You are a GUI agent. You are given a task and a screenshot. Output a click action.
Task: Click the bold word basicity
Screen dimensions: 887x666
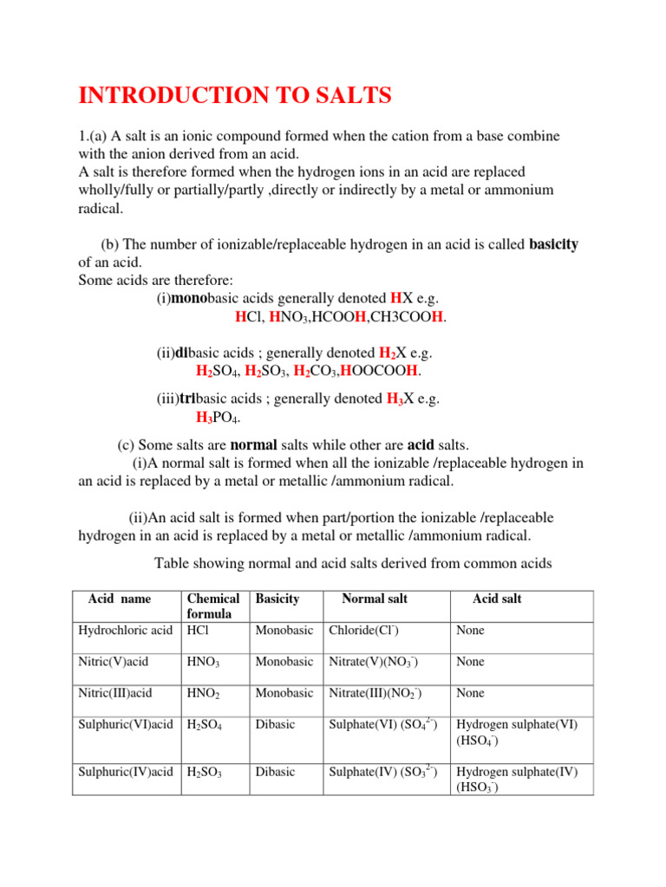click(553, 244)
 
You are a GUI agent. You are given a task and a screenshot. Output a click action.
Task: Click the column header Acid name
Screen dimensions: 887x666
click(119, 599)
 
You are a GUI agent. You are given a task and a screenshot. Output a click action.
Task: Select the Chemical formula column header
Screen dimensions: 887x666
click(213, 605)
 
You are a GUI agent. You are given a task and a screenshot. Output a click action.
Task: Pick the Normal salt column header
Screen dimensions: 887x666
click(374, 599)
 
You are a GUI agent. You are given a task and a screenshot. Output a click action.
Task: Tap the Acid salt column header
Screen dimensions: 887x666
click(496, 599)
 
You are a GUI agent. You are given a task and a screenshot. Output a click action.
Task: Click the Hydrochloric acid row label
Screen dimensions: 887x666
click(125, 631)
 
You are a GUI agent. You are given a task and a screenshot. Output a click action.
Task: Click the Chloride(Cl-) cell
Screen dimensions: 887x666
click(363, 631)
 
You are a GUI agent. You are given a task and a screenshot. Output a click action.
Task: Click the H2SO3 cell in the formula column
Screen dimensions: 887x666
click(206, 773)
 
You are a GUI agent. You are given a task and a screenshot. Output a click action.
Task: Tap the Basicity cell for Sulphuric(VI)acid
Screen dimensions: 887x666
click(275, 724)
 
